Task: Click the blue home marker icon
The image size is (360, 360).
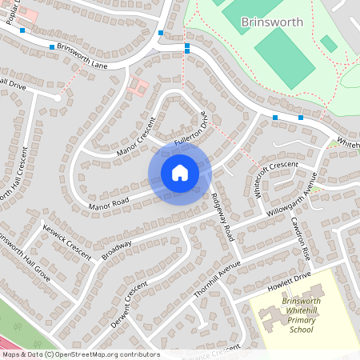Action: click(179, 172)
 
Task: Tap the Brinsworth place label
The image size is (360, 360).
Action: click(272, 22)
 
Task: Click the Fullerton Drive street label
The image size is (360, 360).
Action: click(193, 130)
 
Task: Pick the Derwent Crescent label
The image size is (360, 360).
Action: click(130, 299)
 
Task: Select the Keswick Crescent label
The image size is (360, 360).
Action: click(68, 236)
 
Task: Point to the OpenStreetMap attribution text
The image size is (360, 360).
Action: click(80, 354)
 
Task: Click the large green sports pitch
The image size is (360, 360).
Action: click(284, 58)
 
